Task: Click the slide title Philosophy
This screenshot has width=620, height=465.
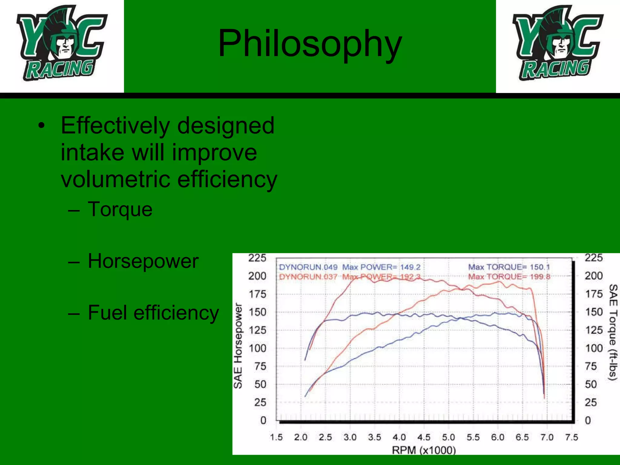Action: tap(310, 43)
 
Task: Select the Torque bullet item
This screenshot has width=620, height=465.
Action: tap(120, 209)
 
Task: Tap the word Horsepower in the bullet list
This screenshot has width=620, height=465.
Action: tap(143, 261)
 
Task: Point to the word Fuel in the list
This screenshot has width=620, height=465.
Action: tap(107, 312)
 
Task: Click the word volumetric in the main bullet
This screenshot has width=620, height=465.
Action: tap(116, 179)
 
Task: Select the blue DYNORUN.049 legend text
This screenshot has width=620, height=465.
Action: tap(308, 267)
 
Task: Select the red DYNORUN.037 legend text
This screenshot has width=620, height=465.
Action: tap(308, 277)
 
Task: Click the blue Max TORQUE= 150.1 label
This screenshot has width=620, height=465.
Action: tap(509, 267)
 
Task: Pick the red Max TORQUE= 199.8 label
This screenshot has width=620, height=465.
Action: tap(509, 277)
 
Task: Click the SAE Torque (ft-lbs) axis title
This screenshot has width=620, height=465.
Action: tap(613, 332)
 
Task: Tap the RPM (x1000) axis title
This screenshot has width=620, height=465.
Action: tap(424, 450)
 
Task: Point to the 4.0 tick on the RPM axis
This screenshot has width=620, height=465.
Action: tap(399, 437)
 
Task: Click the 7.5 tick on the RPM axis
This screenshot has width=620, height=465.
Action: tap(571, 437)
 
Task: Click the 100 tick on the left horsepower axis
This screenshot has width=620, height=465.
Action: tap(257, 348)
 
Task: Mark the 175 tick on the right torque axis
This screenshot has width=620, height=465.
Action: tap(594, 294)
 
